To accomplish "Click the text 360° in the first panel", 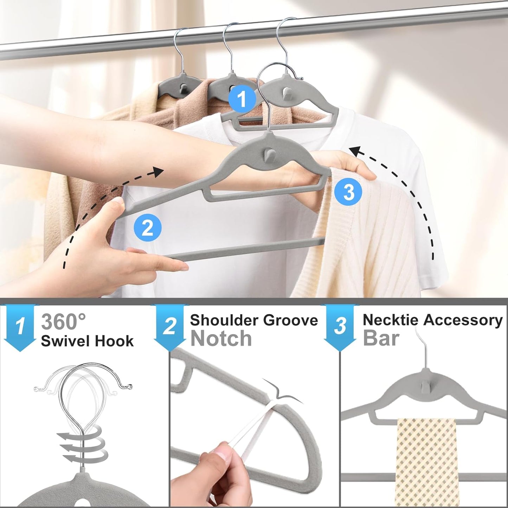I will coord(63,321).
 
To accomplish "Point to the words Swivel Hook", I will coord(87,341).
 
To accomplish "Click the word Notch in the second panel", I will coord(221,339).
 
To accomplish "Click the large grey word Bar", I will coord(381,338).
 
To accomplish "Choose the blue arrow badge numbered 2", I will coord(169,327).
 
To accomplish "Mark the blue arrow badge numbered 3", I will coord(340,327).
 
